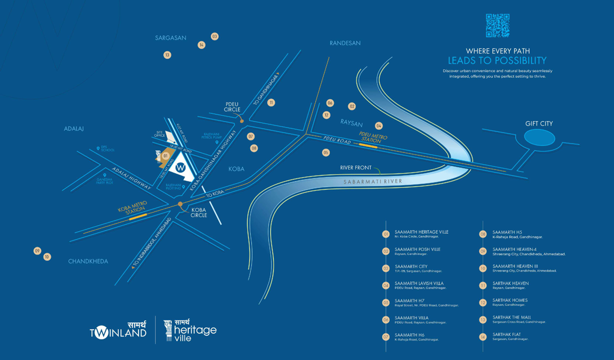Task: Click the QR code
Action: [x=497, y=25]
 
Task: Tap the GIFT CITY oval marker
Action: [x=539, y=137]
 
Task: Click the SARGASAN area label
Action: [x=171, y=38]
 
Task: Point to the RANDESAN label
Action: [x=345, y=43]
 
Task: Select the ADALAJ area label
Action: [x=74, y=129]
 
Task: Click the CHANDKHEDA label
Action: [x=88, y=261]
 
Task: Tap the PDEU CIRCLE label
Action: [x=232, y=107]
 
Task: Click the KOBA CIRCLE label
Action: [x=199, y=212]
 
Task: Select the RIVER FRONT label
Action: [x=356, y=168]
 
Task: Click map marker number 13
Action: [x=167, y=55]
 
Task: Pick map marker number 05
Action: [x=326, y=152]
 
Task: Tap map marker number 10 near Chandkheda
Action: [x=47, y=257]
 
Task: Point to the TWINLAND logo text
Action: [x=118, y=332]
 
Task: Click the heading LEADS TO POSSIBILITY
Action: [x=497, y=61]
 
